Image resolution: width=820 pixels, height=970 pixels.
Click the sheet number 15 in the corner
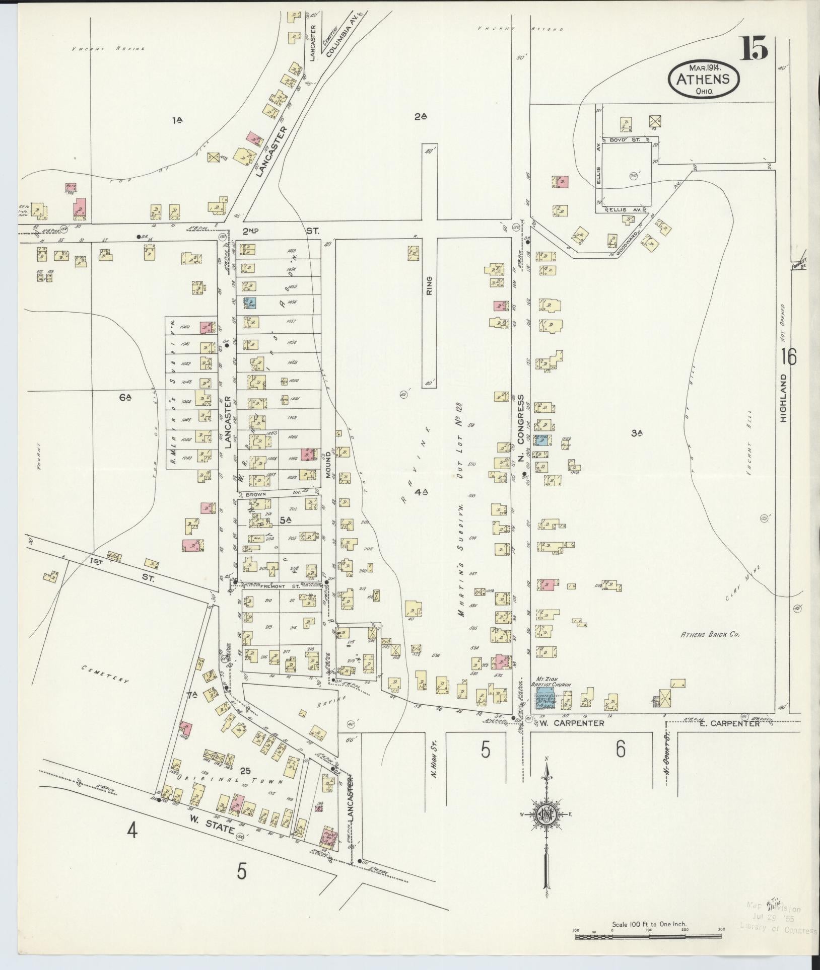click(754, 49)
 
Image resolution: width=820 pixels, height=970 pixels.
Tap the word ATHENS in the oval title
click(703, 79)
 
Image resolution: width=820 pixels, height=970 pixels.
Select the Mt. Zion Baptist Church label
click(544, 683)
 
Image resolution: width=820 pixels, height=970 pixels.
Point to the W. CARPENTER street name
click(571, 724)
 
